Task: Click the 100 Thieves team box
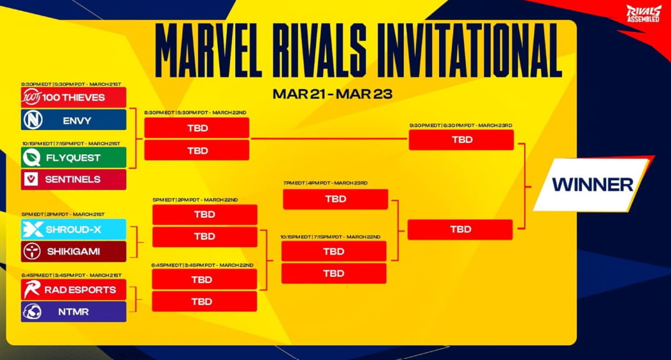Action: [x=73, y=97]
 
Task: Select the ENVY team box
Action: [x=73, y=120]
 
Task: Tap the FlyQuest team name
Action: [x=73, y=158]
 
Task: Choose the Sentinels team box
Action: [x=73, y=179]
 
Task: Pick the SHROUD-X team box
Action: [x=73, y=229]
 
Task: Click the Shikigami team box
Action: [x=73, y=252]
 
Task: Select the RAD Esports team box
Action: [x=73, y=290]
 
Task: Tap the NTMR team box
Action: [x=73, y=311]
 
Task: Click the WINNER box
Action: [x=592, y=184]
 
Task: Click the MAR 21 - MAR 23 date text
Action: [x=332, y=94]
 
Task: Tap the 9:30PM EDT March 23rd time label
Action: [x=461, y=126]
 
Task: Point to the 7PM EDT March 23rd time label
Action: [x=326, y=183]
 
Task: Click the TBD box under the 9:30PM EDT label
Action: [x=461, y=140]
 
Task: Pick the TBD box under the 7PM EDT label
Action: [x=335, y=199]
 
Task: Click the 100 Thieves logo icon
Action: [x=31, y=97]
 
